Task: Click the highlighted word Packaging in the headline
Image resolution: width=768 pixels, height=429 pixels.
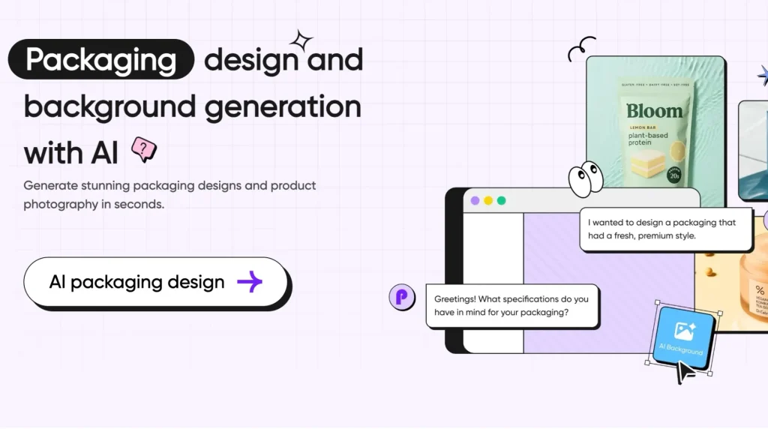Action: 101,59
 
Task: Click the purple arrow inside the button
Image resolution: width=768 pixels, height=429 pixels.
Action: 250,282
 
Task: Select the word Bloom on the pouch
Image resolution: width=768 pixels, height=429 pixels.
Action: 655,112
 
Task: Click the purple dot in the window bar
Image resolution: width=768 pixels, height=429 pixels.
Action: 475,201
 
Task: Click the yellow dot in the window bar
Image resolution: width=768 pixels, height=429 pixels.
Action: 488,201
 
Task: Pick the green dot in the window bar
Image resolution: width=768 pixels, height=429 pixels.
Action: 502,201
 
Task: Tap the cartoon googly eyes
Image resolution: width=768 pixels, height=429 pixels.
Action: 585,178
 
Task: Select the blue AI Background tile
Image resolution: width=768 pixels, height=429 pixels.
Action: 682,336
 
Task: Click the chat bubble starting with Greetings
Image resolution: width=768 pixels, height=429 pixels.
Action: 512,305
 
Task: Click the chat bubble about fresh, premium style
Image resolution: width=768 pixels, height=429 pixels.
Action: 665,229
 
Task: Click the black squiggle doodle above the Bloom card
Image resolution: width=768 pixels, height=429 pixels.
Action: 581,49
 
